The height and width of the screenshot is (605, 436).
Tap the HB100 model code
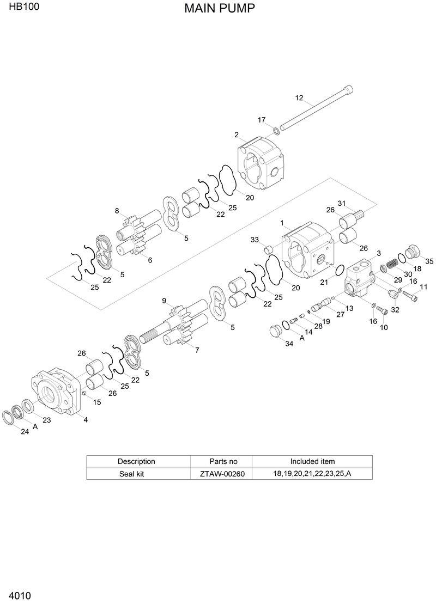pyautogui.click(x=20, y=8)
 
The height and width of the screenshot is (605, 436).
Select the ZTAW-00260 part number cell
pyautogui.click(x=223, y=474)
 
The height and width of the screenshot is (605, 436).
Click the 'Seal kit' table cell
pyautogui.click(x=131, y=474)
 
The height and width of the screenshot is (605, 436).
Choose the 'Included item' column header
pyautogui.click(x=312, y=461)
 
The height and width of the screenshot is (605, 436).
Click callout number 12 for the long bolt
pyautogui.click(x=299, y=98)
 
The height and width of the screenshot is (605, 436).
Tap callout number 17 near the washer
pyautogui.click(x=262, y=120)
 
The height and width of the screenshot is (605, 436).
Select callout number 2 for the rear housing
pyautogui.click(x=237, y=135)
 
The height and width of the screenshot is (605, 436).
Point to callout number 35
pyautogui.click(x=429, y=261)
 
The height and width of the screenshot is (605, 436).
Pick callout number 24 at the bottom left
pyautogui.click(x=24, y=432)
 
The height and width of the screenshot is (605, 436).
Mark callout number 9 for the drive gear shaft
pyautogui.click(x=163, y=301)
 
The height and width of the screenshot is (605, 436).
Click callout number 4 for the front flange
pyautogui.click(x=86, y=419)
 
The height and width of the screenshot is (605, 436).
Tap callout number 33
pyautogui.click(x=255, y=240)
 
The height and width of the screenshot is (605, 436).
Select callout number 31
pyautogui.click(x=342, y=203)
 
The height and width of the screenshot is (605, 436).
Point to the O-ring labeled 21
pyautogui.click(x=338, y=270)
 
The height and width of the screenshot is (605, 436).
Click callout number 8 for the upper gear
pyautogui.click(x=117, y=211)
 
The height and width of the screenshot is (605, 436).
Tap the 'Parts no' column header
pyautogui.click(x=223, y=461)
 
